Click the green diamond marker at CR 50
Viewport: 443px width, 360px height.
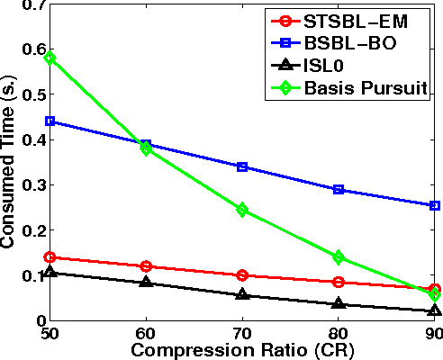50,58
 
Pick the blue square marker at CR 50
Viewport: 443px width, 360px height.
50,121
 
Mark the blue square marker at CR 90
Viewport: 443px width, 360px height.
435,205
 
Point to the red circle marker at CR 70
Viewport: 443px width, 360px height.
242,275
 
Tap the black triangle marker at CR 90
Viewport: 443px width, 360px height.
435,310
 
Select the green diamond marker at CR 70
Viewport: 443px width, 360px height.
242,210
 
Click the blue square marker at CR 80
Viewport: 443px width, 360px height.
339,190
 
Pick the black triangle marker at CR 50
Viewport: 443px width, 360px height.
50,272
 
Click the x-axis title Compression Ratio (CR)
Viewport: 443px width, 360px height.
241,349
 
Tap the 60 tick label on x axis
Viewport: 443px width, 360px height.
147,333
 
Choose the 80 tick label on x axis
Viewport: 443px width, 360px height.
339,333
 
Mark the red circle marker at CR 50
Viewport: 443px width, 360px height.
50,257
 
